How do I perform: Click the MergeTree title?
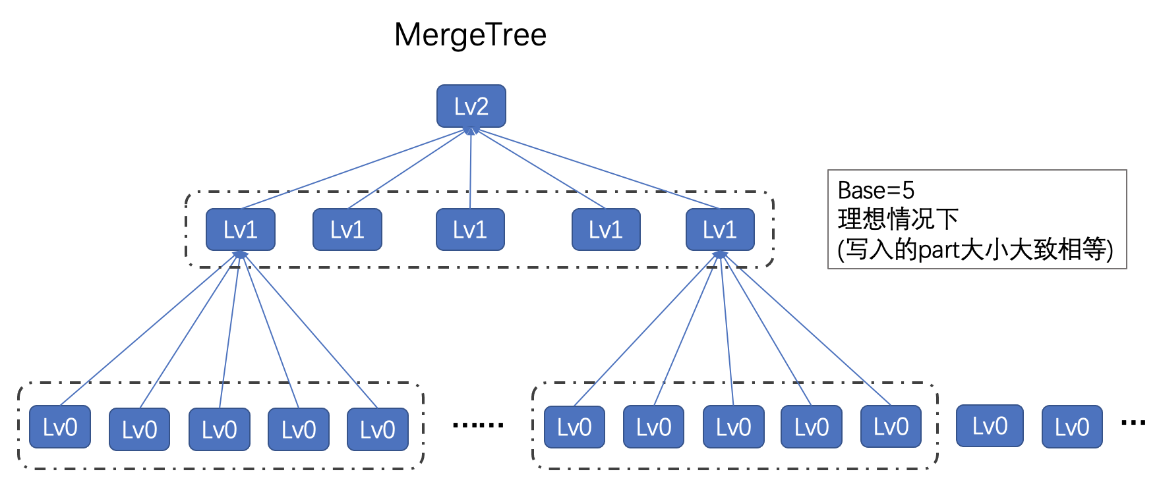click(x=470, y=35)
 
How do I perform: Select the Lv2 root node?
click(x=471, y=106)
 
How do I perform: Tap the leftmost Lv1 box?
click(x=240, y=230)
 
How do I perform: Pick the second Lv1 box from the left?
click(x=347, y=230)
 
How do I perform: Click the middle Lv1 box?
click(x=470, y=230)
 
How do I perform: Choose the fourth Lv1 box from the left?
click(x=605, y=230)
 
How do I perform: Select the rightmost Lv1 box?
click(x=719, y=230)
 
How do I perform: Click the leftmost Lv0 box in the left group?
click(x=60, y=427)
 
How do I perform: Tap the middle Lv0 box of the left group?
click(x=219, y=429)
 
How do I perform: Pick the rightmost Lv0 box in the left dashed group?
click(x=377, y=429)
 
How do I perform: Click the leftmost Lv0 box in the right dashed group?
click(x=574, y=427)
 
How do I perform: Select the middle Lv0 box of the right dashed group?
click(x=733, y=427)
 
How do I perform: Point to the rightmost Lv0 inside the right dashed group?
click(x=891, y=427)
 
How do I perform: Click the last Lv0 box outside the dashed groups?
click(x=1071, y=427)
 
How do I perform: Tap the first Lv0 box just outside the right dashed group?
click(x=990, y=426)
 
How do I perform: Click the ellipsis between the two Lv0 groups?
click(x=478, y=425)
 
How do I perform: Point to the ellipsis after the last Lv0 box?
click(x=1133, y=422)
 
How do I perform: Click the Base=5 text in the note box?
click(x=876, y=190)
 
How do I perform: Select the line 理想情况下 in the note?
click(x=898, y=219)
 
